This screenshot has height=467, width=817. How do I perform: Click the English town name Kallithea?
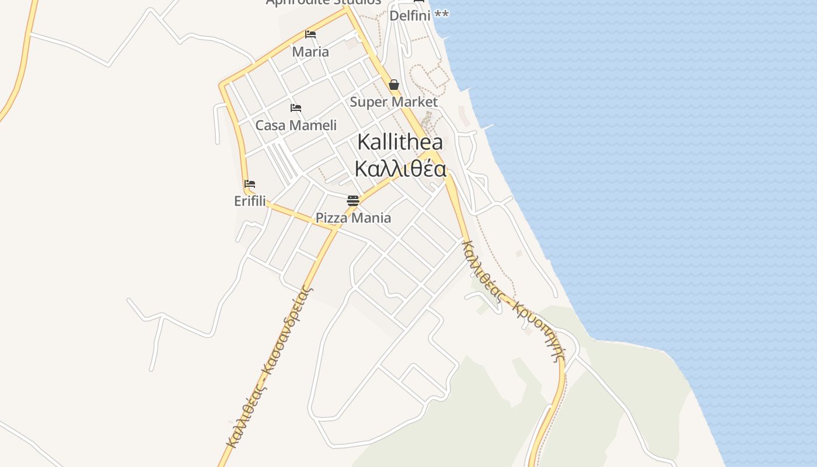tap(400, 142)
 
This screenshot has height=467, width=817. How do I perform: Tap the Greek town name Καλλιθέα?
tap(400, 169)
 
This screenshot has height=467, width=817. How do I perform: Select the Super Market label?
tap(393, 102)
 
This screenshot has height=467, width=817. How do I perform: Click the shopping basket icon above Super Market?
tap(394, 85)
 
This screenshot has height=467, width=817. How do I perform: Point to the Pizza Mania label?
tap(353, 218)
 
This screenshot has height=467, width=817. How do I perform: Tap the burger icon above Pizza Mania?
tap(353, 201)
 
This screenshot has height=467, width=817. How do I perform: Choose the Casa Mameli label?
tap(296, 126)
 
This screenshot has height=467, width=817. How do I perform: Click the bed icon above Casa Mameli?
tap(296, 108)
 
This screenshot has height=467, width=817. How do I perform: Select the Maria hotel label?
tap(310, 52)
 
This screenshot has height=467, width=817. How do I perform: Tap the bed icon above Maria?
tap(310, 34)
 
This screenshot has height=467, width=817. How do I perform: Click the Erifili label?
tap(250, 201)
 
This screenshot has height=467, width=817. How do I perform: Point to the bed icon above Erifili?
tap(250, 184)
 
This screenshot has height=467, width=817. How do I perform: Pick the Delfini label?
tap(410, 16)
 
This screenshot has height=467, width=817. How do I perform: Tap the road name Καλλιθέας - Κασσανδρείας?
tap(269, 365)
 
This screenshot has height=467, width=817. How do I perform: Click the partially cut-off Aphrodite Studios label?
tap(323, 2)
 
